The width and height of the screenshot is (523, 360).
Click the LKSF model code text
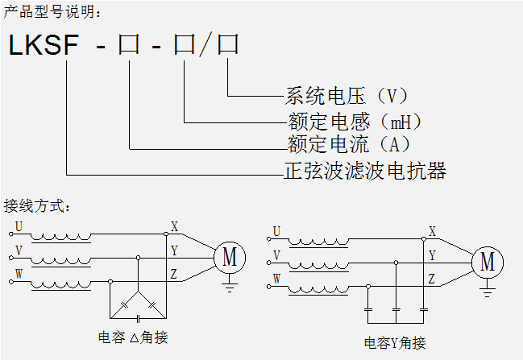(44, 45)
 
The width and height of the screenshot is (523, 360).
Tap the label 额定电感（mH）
(355, 122)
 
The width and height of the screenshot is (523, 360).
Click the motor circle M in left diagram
(230, 257)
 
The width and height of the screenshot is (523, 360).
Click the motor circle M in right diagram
(488, 262)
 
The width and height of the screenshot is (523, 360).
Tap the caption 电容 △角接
(133, 337)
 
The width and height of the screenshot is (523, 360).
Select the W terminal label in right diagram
(276, 279)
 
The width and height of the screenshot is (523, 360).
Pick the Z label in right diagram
(432, 279)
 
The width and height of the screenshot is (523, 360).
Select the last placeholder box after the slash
(228, 45)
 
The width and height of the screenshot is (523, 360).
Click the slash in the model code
(206, 45)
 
